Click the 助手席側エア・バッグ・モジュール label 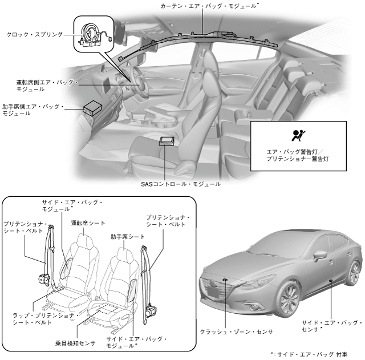pos(33,110)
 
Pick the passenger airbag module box pos(92,107)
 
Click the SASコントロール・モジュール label pos(181,184)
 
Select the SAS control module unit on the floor pos(167,141)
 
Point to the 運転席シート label pos(88,223)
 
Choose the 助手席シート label pos(127,236)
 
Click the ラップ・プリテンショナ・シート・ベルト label pos(44,318)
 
